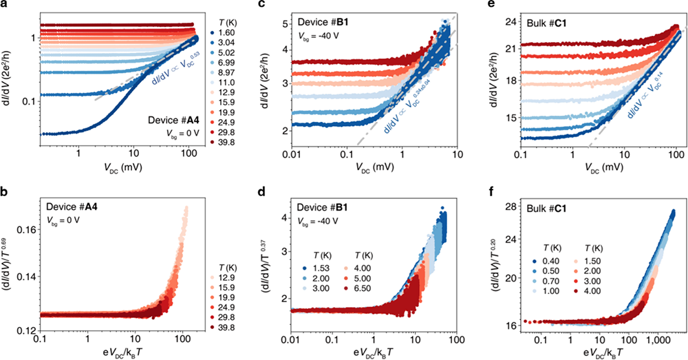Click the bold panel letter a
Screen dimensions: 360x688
pos(5,6)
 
